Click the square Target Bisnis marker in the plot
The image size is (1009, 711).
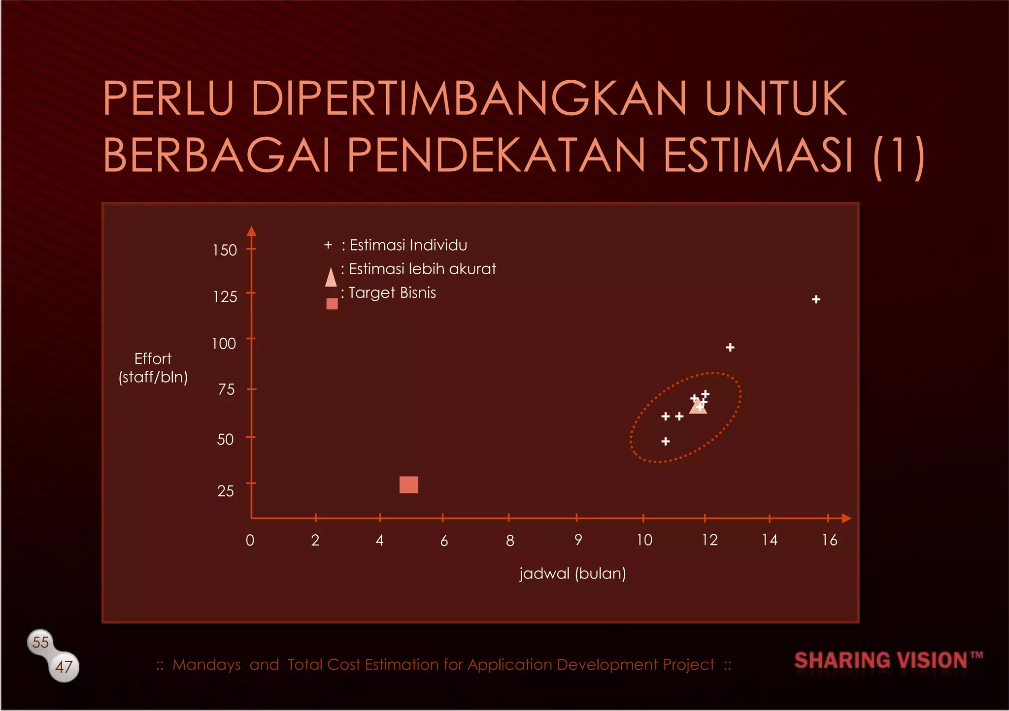click(408, 485)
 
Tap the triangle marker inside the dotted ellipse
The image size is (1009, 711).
click(698, 407)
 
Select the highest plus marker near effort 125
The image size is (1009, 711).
click(816, 299)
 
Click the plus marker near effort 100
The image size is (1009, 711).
click(730, 348)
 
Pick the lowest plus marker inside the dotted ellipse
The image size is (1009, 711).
click(666, 441)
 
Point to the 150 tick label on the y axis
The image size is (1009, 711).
click(225, 250)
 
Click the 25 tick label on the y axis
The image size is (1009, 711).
click(226, 491)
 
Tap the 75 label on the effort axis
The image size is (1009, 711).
click(226, 389)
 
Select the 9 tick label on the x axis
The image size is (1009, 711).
click(578, 540)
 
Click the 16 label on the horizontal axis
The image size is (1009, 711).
click(829, 540)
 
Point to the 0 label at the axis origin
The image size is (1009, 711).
click(250, 540)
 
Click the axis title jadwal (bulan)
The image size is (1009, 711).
click(572, 574)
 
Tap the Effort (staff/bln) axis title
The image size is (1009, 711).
click(153, 368)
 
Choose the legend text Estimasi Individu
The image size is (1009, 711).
click(408, 245)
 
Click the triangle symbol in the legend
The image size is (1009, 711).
click(331, 277)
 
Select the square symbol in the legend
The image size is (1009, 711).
click(332, 303)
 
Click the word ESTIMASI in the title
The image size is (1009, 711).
click(758, 155)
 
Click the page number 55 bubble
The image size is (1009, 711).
click(40, 642)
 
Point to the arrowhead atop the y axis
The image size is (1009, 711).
click(251, 231)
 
